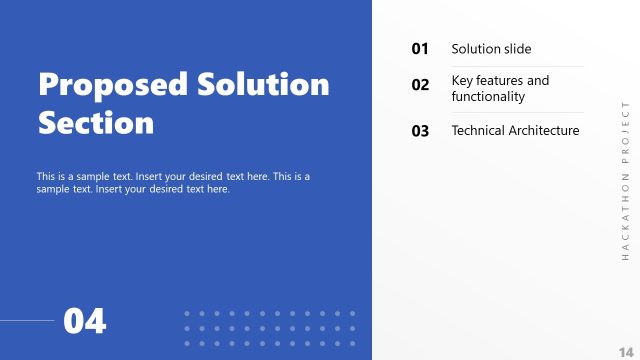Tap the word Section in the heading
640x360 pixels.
tap(96, 123)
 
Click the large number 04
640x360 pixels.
tap(85, 322)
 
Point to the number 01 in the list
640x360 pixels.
tap(420, 49)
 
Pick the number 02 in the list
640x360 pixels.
tap(420, 86)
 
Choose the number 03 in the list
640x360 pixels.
tap(420, 131)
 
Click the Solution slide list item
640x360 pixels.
tap(491, 49)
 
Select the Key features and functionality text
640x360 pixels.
tap(500, 88)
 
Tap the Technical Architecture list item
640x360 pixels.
tap(515, 131)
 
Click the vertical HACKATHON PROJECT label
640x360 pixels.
tap(625, 179)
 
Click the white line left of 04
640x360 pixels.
tap(27, 321)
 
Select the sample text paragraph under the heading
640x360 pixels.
tap(173, 182)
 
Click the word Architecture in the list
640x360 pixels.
tap(545, 131)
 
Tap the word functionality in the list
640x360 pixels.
tap(488, 97)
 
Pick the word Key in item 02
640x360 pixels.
tap(462, 80)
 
